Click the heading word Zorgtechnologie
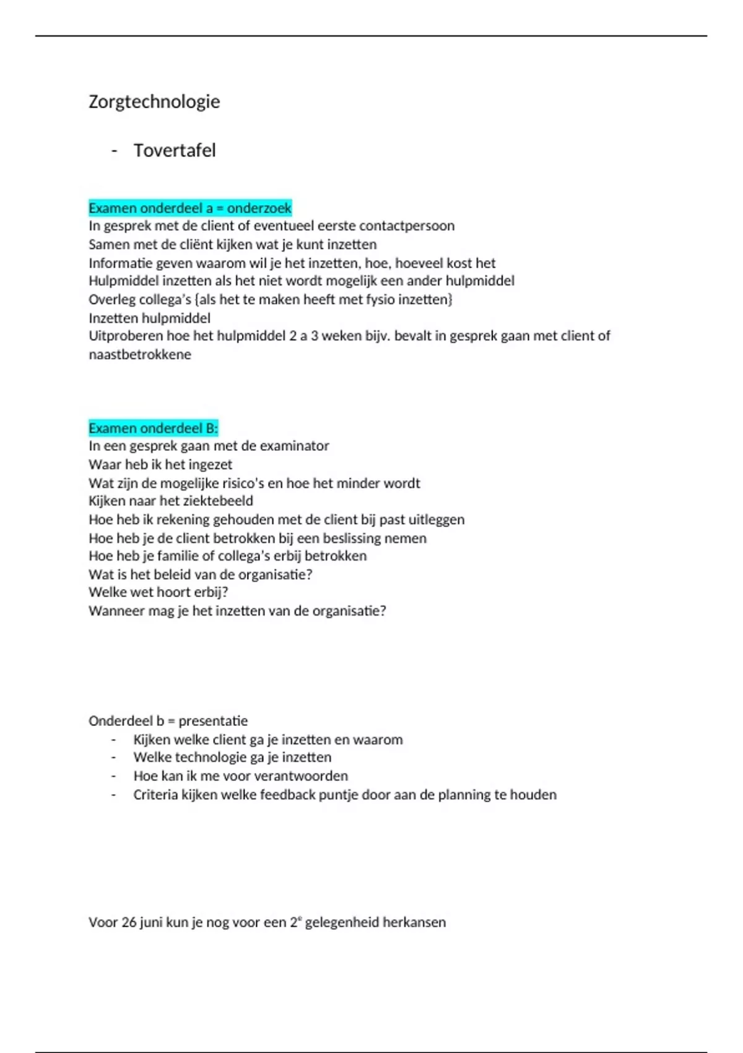154,102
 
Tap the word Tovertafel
175,151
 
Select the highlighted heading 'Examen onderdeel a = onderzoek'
189,208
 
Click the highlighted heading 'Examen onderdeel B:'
153,428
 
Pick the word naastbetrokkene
140,355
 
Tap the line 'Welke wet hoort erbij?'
159,593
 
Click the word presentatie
213,721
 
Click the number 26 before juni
129,922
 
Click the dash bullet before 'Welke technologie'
114,758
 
